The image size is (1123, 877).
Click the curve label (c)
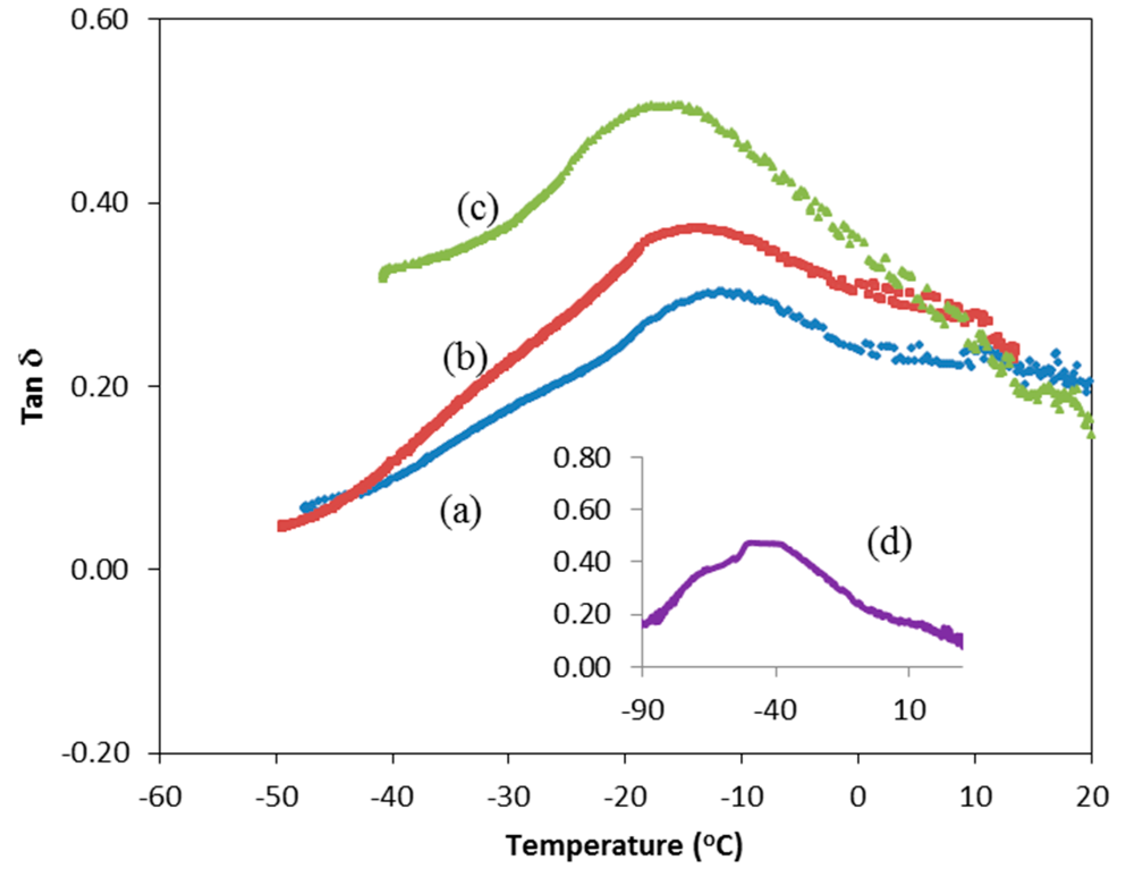click(x=478, y=209)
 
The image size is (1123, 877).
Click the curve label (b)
click(x=465, y=359)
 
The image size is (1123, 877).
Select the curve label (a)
click(x=460, y=511)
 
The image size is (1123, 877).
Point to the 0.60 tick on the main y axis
click(x=99, y=19)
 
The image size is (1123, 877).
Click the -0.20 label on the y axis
click(x=95, y=753)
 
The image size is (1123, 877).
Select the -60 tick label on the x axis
click(x=160, y=797)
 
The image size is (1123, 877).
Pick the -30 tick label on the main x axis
click(x=508, y=797)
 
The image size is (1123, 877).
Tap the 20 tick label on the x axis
click(x=1092, y=797)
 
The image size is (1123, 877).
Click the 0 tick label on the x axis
click(x=858, y=797)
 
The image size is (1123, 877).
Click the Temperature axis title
click(x=624, y=846)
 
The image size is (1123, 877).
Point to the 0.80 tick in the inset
click(x=582, y=458)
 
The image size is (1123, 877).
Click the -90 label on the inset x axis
click(x=642, y=710)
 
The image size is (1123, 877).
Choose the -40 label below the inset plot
click(x=775, y=710)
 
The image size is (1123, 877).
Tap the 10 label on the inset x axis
click(x=909, y=710)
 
